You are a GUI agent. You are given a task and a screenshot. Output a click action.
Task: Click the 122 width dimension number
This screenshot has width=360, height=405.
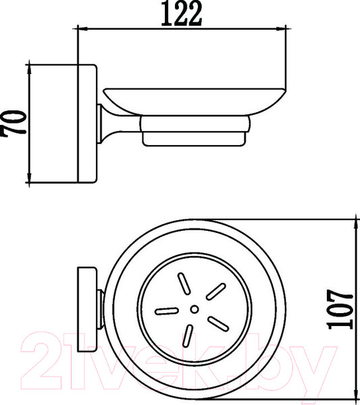pyautogui.click(x=181, y=13)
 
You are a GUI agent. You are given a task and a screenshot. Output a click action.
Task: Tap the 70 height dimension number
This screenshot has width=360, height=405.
pyautogui.click(x=16, y=122)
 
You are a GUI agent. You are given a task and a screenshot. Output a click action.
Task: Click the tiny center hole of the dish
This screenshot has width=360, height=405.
pyautogui.click(x=195, y=310)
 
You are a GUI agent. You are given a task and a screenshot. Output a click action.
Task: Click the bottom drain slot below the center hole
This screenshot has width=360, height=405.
pyautogui.click(x=188, y=335)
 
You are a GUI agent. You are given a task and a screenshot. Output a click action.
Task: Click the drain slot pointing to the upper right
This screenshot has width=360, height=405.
pyautogui.click(x=214, y=291)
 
